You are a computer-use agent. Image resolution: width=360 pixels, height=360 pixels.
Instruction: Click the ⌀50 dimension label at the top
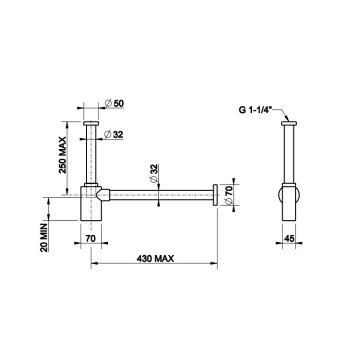(115, 103)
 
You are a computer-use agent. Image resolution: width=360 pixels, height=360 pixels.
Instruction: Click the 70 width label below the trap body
(90, 239)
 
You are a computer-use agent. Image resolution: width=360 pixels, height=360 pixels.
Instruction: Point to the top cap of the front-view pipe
(91, 122)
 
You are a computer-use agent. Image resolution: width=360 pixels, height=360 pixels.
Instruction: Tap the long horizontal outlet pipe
(160, 193)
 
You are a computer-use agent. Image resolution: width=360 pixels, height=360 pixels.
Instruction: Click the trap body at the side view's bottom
(289, 202)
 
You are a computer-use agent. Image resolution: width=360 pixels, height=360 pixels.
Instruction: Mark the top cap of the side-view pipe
(289, 122)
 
